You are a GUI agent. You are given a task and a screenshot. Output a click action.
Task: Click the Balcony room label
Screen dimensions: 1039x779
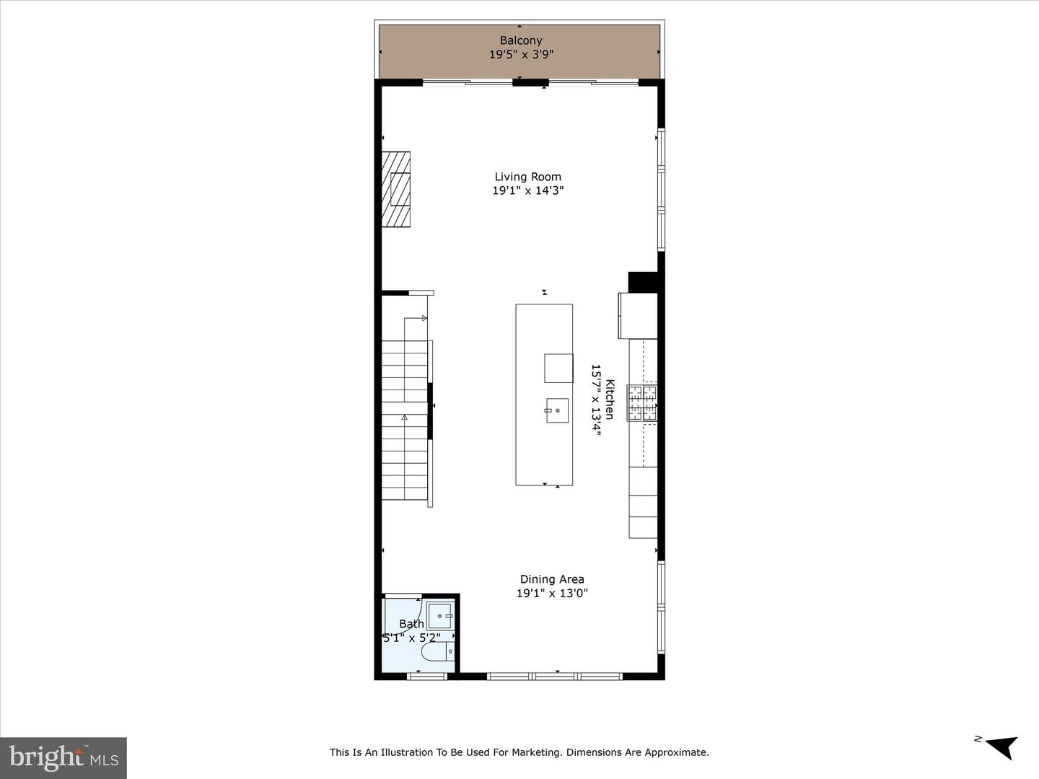pyautogui.click(x=521, y=40)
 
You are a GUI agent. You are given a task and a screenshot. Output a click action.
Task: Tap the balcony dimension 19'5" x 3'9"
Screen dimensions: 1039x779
pyautogui.click(x=521, y=54)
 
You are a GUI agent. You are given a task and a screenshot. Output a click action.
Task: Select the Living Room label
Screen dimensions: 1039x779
pyautogui.click(x=527, y=177)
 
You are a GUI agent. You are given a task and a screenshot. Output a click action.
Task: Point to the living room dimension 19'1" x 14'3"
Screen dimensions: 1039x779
pyautogui.click(x=527, y=190)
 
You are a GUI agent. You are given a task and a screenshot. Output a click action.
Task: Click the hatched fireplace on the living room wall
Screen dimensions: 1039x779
pyautogui.click(x=396, y=189)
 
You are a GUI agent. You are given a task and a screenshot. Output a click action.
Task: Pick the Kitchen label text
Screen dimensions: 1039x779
pyautogui.click(x=610, y=399)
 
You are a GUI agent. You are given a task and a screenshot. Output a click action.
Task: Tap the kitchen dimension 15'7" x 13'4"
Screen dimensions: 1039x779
pyautogui.click(x=596, y=400)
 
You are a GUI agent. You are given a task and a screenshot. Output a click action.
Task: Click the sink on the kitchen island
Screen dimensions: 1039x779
pyautogui.click(x=557, y=410)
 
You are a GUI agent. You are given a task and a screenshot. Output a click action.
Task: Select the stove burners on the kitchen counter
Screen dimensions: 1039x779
pyautogui.click(x=642, y=403)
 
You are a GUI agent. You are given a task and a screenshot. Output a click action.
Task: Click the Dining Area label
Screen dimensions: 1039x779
pyautogui.click(x=552, y=579)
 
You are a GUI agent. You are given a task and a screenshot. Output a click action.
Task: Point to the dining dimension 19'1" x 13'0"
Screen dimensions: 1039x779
pyautogui.click(x=552, y=593)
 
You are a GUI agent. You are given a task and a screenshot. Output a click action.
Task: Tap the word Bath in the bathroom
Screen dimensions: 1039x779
pyautogui.click(x=411, y=625)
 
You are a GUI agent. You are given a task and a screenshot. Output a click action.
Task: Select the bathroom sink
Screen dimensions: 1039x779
pyautogui.click(x=441, y=616)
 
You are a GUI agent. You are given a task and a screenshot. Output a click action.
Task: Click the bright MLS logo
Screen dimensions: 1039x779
pyautogui.click(x=63, y=758)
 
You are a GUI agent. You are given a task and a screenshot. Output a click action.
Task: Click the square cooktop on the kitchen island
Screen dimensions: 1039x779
pyautogui.click(x=558, y=368)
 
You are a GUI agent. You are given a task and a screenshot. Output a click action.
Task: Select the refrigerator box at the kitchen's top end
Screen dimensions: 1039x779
pyautogui.click(x=638, y=315)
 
